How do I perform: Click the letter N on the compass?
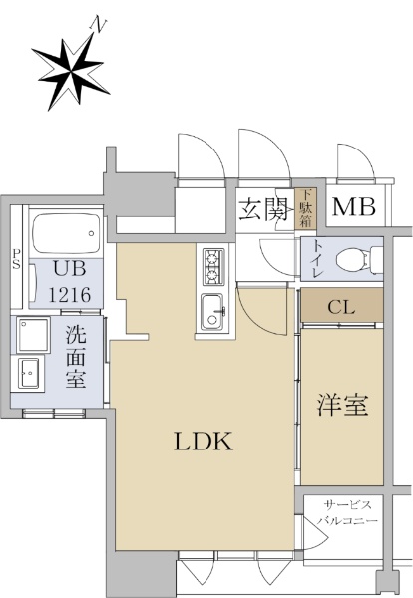click(x=98, y=25)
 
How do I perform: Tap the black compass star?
click(x=71, y=72)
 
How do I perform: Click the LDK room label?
click(x=204, y=442)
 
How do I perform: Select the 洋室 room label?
click(x=342, y=406)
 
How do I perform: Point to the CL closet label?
click(x=341, y=308)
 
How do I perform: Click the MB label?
click(x=354, y=207)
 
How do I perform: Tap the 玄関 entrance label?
click(x=263, y=210)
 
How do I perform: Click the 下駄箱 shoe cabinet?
click(x=305, y=209)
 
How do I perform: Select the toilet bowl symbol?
click(x=359, y=260)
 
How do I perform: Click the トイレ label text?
click(x=317, y=259)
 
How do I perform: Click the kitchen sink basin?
click(x=213, y=312)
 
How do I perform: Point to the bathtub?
click(x=66, y=233)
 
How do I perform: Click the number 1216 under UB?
click(x=70, y=294)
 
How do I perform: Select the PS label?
click(x=16, y=259)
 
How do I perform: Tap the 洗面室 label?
click(x=76, y=357)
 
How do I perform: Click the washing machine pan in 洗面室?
click(x=33, y=335)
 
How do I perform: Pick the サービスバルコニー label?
click(x=347, y=513)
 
